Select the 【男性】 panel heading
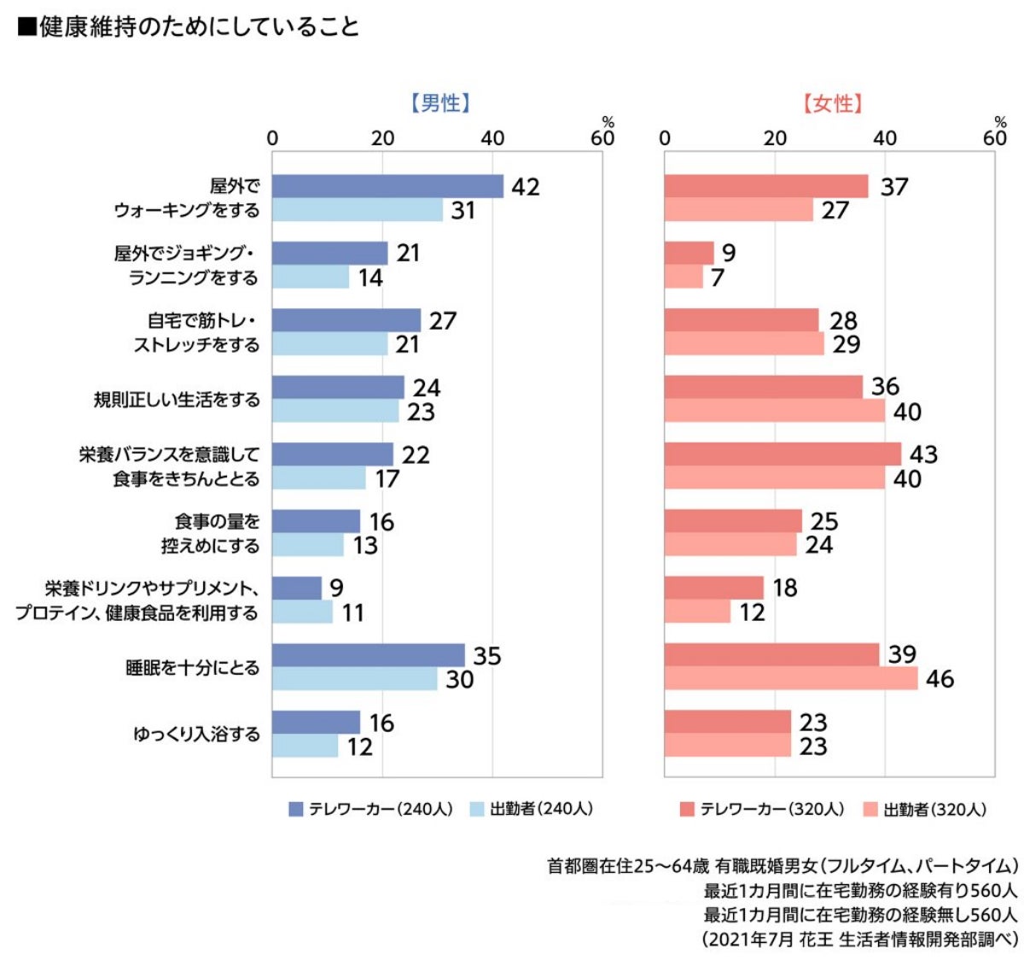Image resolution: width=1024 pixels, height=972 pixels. point(440,104)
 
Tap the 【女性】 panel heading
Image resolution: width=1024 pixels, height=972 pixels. point(832,104)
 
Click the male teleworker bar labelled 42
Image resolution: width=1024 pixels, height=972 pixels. point(387,186)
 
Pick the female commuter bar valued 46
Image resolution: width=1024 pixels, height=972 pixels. point(791,679)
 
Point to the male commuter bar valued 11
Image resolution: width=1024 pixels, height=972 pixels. point(302,612)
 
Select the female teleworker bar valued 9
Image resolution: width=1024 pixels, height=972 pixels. point(689,253)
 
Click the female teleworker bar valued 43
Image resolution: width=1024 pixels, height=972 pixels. point(783,454)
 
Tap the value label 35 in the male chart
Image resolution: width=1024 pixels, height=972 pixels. point(487,656)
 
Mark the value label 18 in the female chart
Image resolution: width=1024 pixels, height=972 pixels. point(784,588)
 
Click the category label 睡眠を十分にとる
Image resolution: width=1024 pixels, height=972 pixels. point(193,668)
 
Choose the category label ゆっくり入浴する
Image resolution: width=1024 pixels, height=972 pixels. point(197,735)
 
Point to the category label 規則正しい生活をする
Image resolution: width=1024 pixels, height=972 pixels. point(177,400)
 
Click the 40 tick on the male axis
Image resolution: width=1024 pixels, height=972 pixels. point(492,138)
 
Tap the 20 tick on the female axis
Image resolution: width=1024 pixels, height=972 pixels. point(775,138)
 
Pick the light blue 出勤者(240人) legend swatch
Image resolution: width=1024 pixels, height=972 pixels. point(477,809)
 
